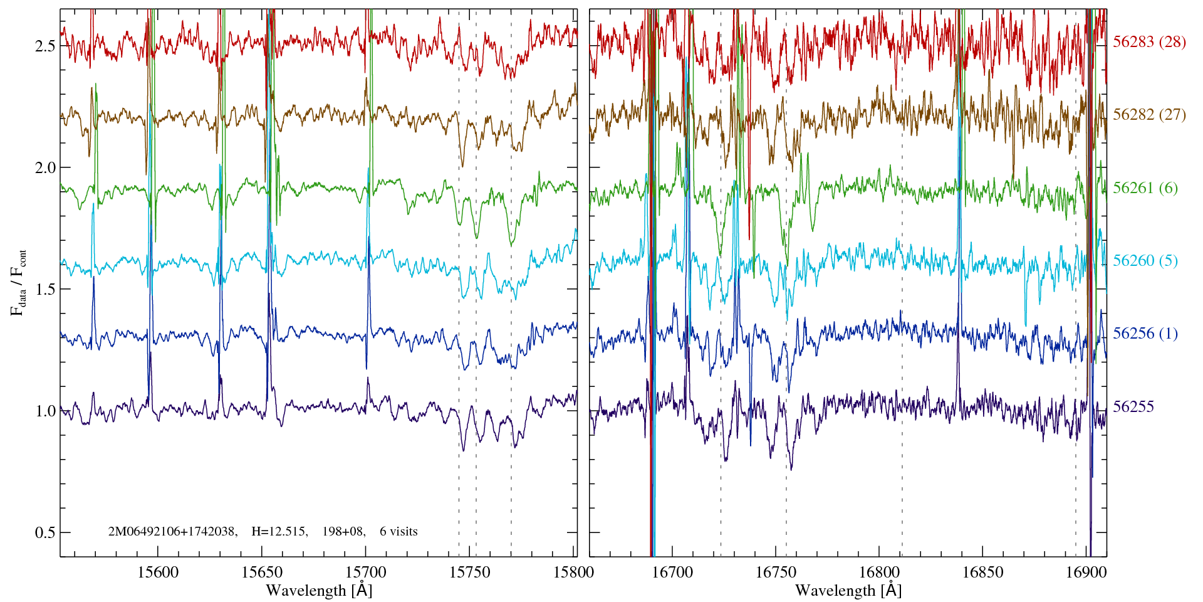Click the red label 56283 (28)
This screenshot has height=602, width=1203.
point(1149,42)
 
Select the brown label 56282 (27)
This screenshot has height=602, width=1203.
point(1149,115)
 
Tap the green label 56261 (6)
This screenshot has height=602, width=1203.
point(1145,188)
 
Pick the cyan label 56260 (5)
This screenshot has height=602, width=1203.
point(1145,261)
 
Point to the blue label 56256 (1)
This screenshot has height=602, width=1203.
point(1145,334)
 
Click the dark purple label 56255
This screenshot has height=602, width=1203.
point(1133,407)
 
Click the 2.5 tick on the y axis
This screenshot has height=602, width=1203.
point(45,46)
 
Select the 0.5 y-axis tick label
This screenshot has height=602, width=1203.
point(45,533)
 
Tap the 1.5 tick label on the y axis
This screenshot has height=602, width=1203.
point(45,290)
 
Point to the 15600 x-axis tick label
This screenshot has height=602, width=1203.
point(158,573)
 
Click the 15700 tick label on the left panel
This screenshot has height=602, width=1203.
point(366,573)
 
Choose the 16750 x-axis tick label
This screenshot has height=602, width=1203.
point(776,573)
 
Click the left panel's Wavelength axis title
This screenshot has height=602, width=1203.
point(319,590)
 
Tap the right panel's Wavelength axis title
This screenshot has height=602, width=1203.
point(848,590)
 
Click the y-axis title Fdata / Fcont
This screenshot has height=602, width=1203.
point(19,282)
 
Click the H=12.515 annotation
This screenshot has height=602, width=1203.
point(279,532)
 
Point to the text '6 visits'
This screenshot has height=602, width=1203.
point(398,532)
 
